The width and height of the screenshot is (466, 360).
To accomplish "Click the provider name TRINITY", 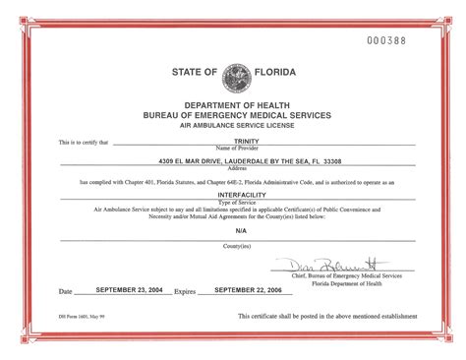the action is pos(232,141).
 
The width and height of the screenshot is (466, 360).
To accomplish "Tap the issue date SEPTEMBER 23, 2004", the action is pos(125,291).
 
